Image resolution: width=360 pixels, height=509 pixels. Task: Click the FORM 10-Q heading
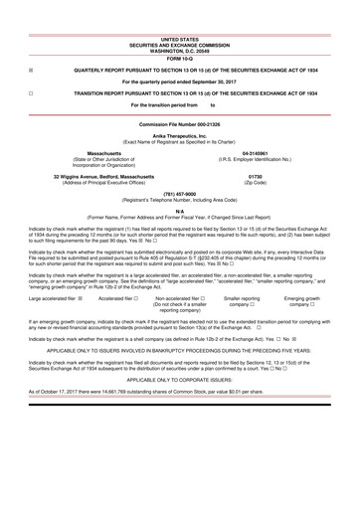point(180,55)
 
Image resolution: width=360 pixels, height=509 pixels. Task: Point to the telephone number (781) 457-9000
point(179,194)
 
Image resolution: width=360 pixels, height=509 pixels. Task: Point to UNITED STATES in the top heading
point(180,35)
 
